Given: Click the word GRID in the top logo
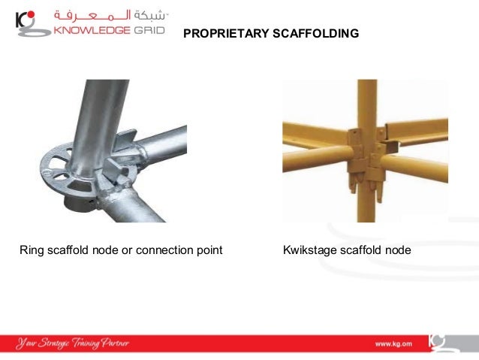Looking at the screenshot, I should (146, 31).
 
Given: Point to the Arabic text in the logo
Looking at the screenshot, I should (113, 14).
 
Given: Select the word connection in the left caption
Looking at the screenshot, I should (165, 250).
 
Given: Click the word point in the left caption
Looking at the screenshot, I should (209, 250).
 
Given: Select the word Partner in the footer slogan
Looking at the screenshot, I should (115, 343).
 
